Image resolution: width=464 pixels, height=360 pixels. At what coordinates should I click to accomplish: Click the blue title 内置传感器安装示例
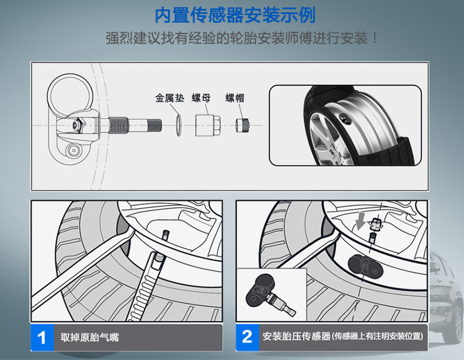(236, 15)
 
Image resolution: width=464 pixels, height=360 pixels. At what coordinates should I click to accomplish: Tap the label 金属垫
(170, 98)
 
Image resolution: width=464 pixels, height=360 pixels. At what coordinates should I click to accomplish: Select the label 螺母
(201, 98)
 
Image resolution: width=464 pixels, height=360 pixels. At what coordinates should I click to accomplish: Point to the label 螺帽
(235, 98)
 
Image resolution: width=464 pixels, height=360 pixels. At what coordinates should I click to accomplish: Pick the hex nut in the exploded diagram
(208, 126)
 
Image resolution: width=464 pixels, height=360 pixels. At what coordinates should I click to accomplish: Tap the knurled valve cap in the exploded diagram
(243, 125)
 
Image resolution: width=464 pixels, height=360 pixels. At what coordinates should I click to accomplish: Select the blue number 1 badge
(42, 337)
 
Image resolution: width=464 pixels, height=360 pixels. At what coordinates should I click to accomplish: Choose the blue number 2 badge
(247, 337)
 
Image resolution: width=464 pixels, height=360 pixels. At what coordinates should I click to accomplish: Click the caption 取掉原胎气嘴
(89, 338)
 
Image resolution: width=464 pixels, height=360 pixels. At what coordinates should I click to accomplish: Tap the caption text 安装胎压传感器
(296, 337)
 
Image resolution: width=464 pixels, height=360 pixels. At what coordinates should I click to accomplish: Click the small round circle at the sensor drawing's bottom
(73, 150)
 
